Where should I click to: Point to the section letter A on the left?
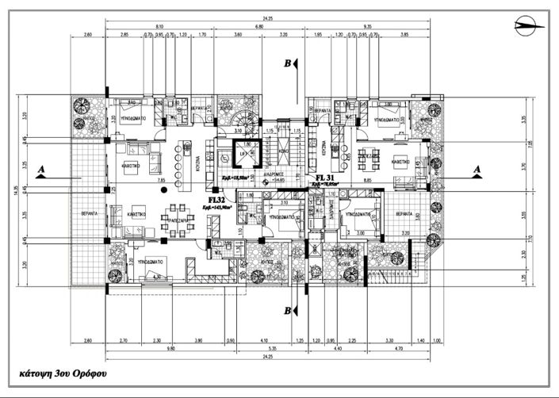tap(41, 170)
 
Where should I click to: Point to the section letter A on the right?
tap(477, 169)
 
